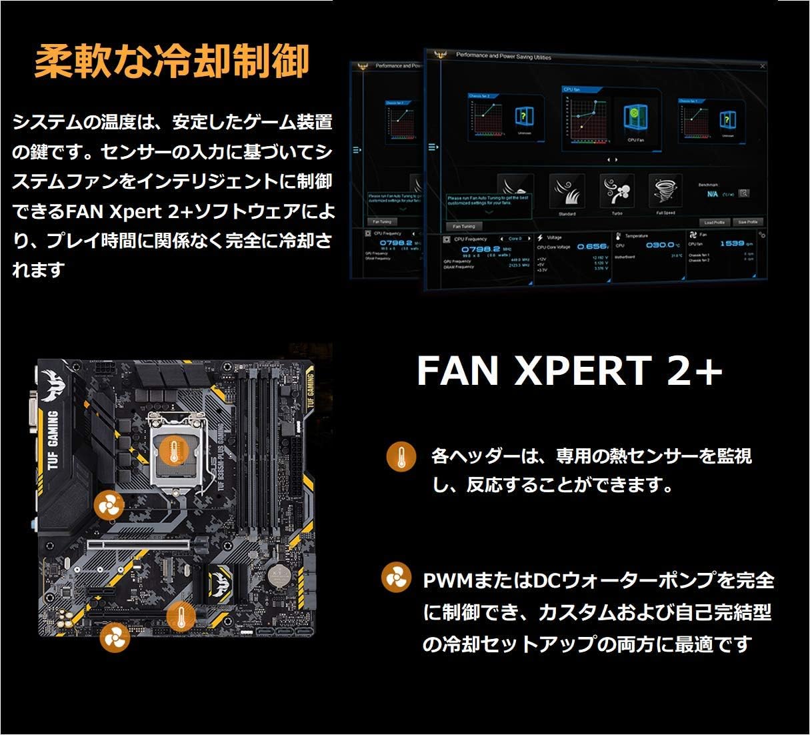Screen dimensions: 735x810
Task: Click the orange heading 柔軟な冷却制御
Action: [x=171, y=61]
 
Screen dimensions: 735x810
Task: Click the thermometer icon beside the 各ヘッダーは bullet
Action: [x=401, y=457]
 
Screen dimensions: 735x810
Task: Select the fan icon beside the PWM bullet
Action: [x=396, y=577]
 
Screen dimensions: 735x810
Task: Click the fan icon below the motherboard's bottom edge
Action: [x=114, y=639]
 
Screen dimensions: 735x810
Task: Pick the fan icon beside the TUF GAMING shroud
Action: [x=108, y=506]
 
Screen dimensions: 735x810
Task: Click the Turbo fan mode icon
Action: [x=617, y=191]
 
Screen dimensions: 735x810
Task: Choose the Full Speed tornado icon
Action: [x=665, y=191]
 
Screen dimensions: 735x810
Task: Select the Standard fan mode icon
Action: [x=567, y=191]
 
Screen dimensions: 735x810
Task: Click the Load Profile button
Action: [x=714, y=222]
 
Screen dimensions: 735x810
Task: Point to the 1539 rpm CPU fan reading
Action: [x=731, y=243]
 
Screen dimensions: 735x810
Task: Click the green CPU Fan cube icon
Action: [x=635, y=117]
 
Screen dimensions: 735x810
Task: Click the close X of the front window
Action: [x=763, y=66]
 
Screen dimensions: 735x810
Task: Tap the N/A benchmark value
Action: [x=712, y=194]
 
